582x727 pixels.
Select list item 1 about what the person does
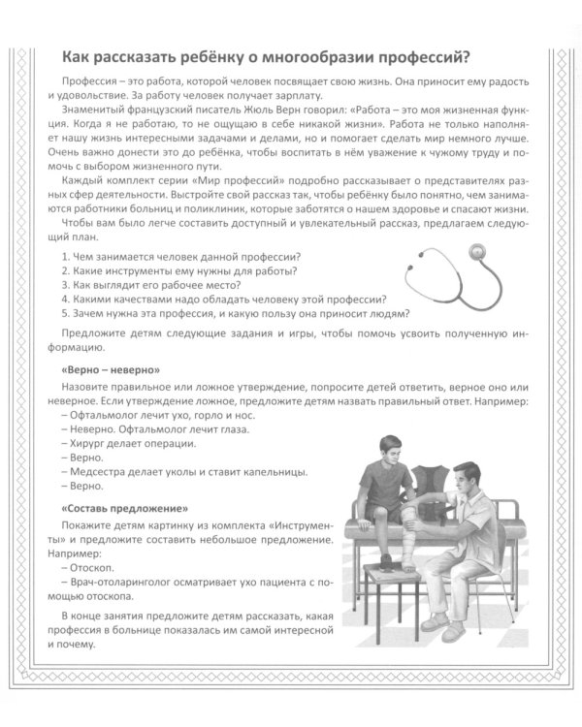click(179, 256)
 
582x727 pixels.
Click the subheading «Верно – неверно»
click(109, 371)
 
